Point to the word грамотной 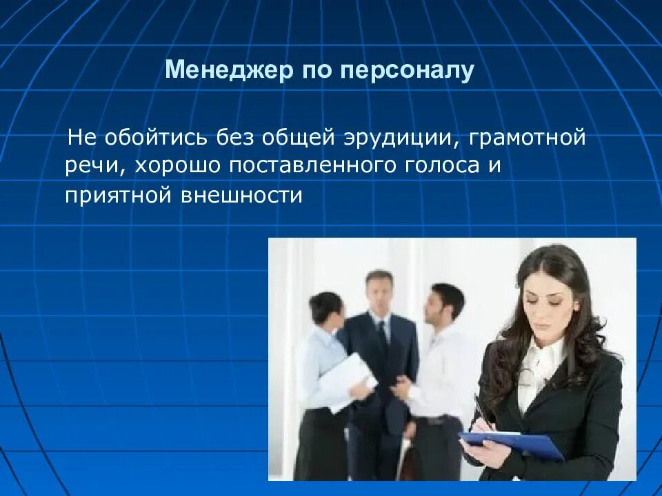(x=527, y=137)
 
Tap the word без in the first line (x=237, y=137)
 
